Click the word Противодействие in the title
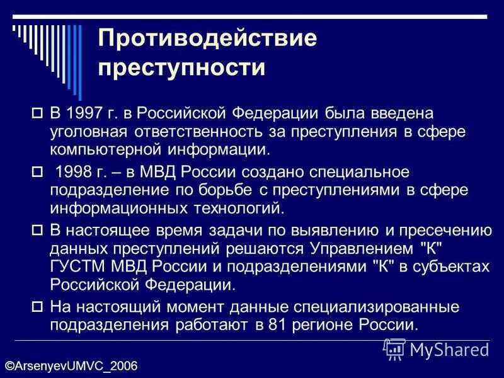[207, 39]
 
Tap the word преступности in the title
[182, 67]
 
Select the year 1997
[87, 113]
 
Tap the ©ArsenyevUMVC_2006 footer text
[71, 366]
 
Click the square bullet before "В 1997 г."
[36, 114]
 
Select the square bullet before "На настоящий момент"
[36, 308]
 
